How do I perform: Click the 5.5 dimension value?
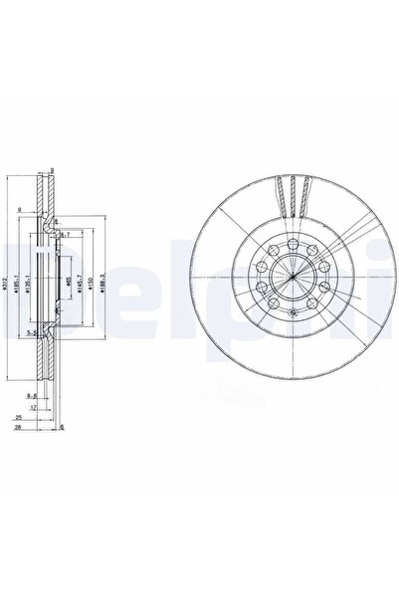(x=32, y=332)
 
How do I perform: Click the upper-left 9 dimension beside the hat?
(x=19, y=210)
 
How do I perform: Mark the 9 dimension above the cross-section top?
(x=51, y=170)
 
